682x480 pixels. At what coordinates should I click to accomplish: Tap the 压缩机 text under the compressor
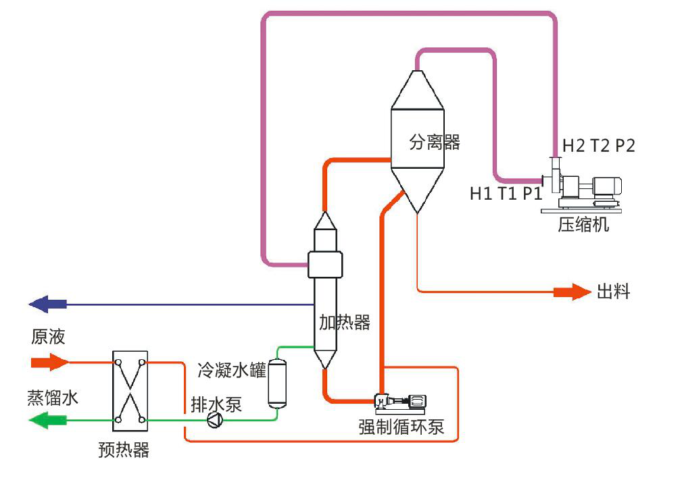coord(583,225)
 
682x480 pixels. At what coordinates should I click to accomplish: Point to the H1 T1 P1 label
coord(506,194)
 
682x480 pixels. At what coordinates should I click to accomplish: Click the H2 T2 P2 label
coord(599,146)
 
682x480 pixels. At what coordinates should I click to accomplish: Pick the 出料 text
coord(613,292)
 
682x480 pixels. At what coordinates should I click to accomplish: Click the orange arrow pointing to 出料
coord(572,292)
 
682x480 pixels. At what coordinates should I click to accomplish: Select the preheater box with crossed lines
coord(130,392)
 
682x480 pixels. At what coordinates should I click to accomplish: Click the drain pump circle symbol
coord(214,420)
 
